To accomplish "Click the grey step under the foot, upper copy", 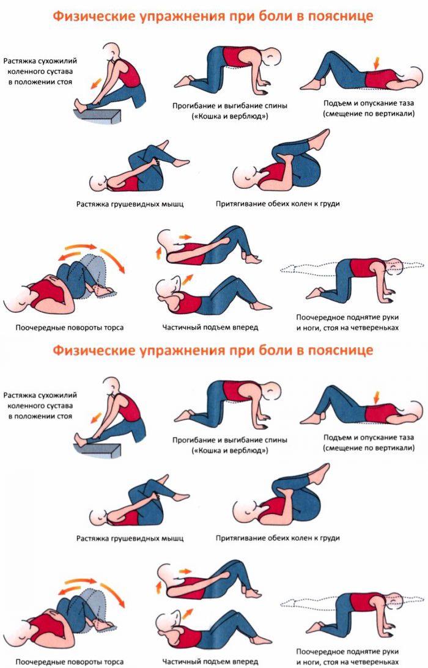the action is (x=97, y=115).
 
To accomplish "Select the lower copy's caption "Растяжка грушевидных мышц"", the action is (x=130, y=538).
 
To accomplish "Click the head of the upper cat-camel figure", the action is (x=271, y=56).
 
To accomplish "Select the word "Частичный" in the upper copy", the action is (x=180, y=327).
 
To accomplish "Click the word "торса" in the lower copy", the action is (x=113, y=662).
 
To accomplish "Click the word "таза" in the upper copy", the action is (x=406, y=103).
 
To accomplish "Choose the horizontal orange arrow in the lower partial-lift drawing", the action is (x=185, y=571).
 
